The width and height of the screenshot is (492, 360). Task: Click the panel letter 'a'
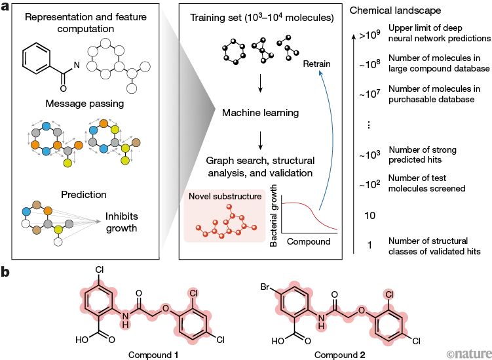6,7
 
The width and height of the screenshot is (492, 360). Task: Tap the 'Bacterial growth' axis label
275,216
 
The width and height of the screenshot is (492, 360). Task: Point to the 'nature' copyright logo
467,353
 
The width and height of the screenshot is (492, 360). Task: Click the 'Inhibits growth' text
125,222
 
